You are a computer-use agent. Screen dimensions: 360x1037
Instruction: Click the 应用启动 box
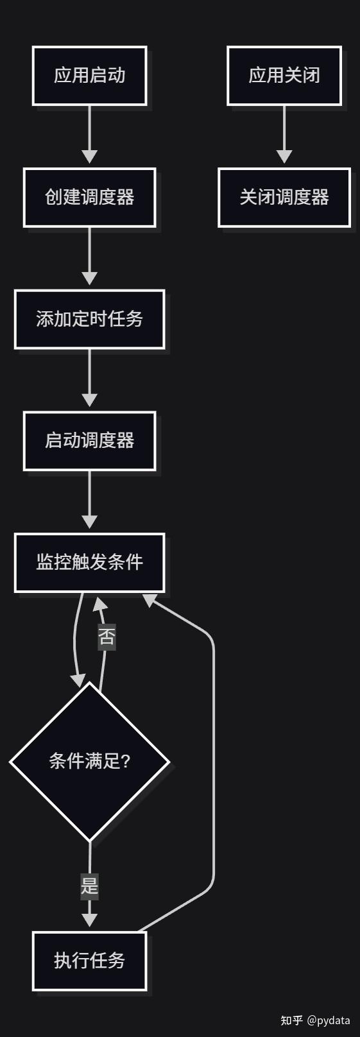pyautogui.click(x=89, y=76)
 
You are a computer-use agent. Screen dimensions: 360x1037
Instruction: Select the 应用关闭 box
pyautogui.click(x=284, y=76)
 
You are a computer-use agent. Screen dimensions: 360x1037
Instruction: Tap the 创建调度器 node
pyautogui.click(x=89, y=198)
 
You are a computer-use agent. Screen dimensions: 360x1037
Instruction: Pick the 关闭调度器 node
pyautogui.click(x=284, y=198)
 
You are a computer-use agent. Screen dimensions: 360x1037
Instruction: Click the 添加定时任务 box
pyautogui.click(x=89, y=320)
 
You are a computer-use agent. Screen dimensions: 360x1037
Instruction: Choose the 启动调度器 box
pyautogui.click(x=89, y=441)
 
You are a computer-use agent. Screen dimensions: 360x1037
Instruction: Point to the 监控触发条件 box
pyautogui.click(x=89, y=563)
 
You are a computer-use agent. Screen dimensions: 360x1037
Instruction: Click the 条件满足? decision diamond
pyautogui.click(x=89, y=762)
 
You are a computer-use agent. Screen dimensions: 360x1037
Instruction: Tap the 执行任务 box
pyautogui.click(x=89, y=961)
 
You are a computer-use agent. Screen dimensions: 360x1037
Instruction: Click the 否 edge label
pyautogui.click(x=107, y=637)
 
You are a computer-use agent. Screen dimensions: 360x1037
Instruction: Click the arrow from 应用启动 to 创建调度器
pyautogui.click(x=89, y=134)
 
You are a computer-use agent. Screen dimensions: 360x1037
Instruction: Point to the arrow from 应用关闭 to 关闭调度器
pyautogui.click(x=284, y=134)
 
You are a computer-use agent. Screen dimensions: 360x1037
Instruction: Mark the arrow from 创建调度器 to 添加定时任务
pyautogui.click(x=89, y=256)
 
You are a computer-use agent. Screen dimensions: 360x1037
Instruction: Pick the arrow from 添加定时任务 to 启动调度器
pyautogui.click(x=89, y=378)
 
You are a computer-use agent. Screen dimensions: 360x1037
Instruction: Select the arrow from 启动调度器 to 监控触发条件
pyautogui.click(x=89, y=499)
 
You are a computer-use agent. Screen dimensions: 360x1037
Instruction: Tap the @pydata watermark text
pyautogui.click(x=328, y=1020)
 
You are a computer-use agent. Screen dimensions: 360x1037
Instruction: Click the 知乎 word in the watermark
pyautogui.click(x=291, y=1020)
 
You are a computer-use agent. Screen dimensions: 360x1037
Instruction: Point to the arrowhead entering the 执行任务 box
pyautogui.click(x=89, y=920)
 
